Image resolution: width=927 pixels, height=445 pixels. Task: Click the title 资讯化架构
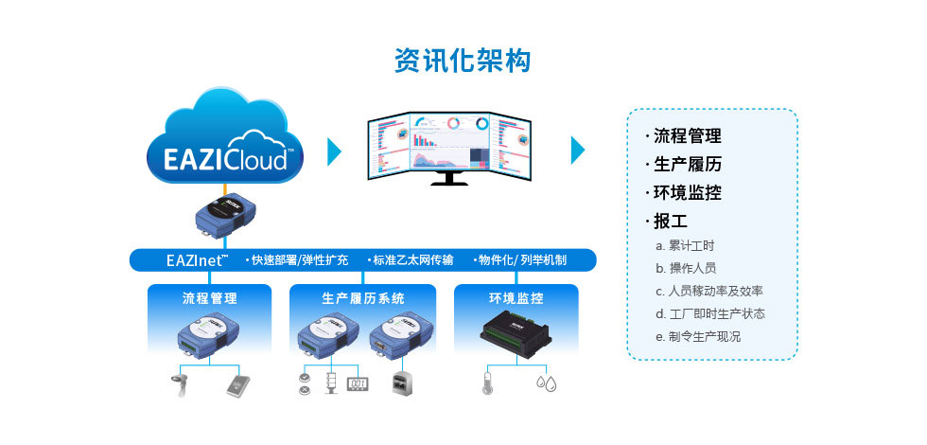click(x=463, y=61)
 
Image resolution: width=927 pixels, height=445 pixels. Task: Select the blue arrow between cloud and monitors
click(x=334, y=151)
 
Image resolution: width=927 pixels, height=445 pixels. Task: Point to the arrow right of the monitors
click(x=577, y=151)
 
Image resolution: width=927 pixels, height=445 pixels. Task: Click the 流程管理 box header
click(x=210, y=297)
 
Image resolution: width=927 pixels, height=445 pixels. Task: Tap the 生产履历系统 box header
click(x=363, y=297)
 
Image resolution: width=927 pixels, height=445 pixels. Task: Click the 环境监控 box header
click(x=516, y=297)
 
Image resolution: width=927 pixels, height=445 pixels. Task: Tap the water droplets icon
click(x=546, y=383)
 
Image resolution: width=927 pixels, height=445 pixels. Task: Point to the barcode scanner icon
click(x=180, y=383)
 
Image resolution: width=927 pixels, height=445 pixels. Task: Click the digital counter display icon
click(x=357, y=383)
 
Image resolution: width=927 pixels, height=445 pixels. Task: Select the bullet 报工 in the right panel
click(x=674, y=221)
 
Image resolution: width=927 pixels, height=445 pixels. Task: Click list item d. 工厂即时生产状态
click(x=710, y=313)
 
